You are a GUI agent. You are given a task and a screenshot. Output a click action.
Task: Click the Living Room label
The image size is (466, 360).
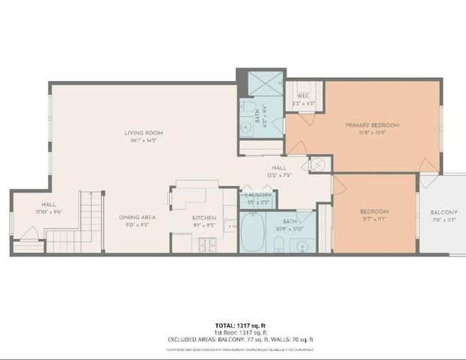pos(143,133)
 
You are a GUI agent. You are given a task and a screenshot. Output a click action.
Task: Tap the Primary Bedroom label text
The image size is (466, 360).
pos(371,124)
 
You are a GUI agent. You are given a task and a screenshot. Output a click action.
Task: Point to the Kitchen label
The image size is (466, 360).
pos(194,217)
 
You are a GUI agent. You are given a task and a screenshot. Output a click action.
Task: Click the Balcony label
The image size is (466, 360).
pos(444,212)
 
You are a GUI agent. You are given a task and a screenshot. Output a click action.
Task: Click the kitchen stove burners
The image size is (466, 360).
pos(206,243)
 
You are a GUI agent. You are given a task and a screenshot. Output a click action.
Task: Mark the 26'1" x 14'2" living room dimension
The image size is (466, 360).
pos(143,140)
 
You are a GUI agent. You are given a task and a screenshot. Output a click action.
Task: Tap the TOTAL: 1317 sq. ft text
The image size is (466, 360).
pos(233,325)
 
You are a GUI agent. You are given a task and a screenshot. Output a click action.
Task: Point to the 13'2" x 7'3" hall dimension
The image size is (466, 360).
pos(279,175)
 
